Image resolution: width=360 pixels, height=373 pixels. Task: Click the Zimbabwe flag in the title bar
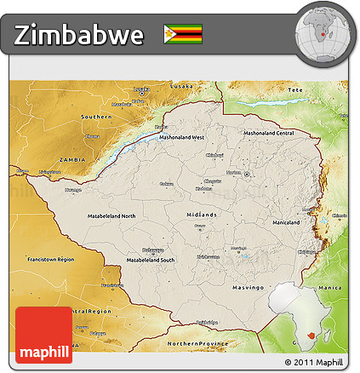(182, 34)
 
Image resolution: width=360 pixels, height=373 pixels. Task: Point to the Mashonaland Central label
(268, 133)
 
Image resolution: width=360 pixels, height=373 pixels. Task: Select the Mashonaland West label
(180, 137)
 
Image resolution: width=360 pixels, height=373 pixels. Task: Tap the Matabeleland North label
(111, 216)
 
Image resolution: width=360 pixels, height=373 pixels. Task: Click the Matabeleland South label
(150, 259)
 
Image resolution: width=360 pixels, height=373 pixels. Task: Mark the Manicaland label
(285, 222)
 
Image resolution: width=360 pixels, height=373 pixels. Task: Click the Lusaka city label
(181, 87)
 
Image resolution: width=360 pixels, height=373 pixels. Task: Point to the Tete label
(295, 89)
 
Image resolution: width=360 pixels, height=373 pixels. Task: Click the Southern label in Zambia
(96, 116)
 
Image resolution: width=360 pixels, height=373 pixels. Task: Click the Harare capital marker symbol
(247, 174)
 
